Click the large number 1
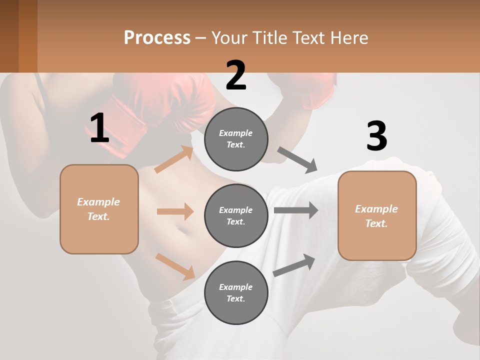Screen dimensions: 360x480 [99, 128]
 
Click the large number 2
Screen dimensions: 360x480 [236, 75]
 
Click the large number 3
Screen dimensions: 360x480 [376, 136]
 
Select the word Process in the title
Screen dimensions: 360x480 [157, 37]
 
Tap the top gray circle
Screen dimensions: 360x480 [236, 139]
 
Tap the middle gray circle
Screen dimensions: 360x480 [236, 215]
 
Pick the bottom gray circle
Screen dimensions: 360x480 [236, 292]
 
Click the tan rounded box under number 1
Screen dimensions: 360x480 [99, 209]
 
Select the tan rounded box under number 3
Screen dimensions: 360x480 [377, 215]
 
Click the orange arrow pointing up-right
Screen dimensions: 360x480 [174, 159]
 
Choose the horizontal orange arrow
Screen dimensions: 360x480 [175, 211]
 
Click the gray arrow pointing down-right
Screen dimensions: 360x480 [297, 160]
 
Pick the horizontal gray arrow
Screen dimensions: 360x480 [295, 210]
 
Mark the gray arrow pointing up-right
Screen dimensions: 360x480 [294, 265]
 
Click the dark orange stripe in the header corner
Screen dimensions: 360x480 [27, 36]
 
